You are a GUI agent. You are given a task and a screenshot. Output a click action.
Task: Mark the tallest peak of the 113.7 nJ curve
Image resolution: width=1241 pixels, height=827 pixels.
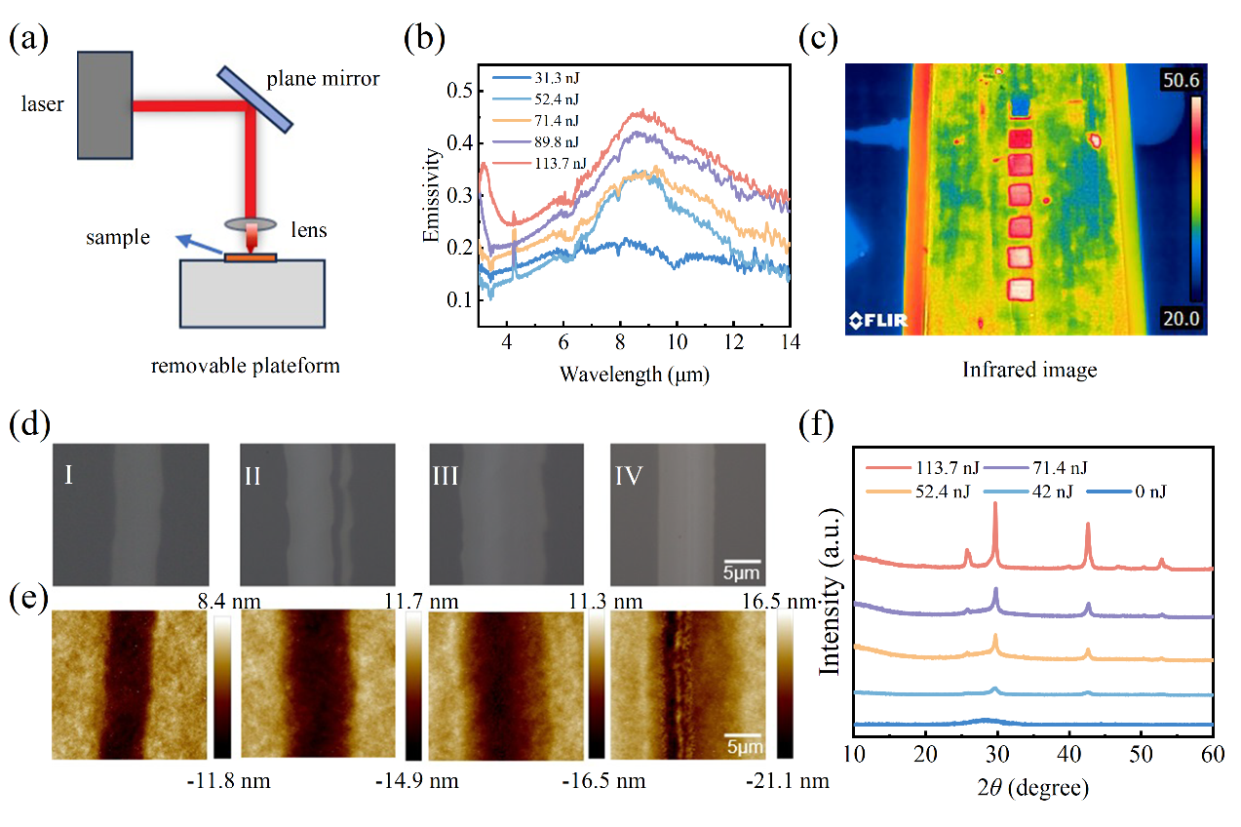click(994, 504)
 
